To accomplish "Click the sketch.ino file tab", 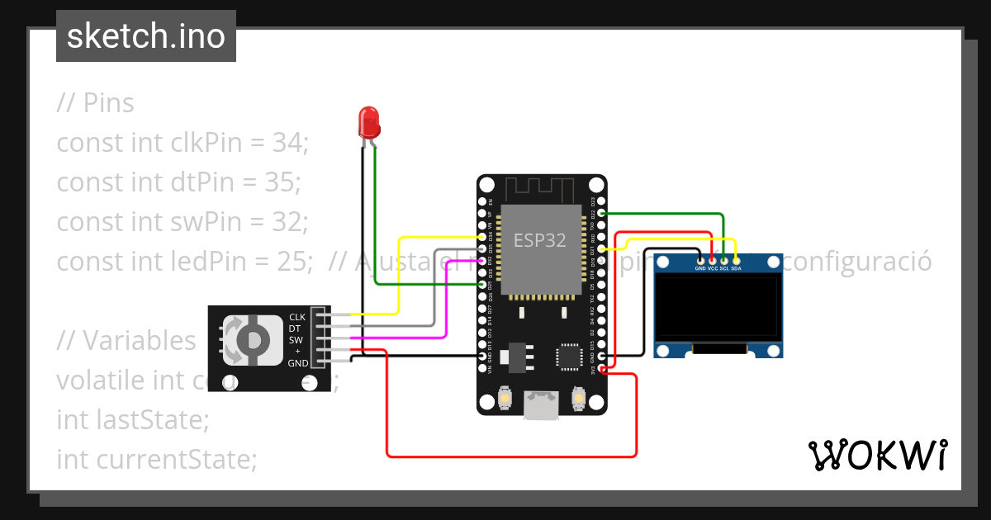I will [x=145, y=36].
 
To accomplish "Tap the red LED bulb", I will [x=368, y=122].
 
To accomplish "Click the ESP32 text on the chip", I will [x=540, y=240].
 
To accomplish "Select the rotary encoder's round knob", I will [x=253, y=340].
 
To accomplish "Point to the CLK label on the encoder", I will [x=296, y=317].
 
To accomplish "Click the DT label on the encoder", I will [x=294, y=329].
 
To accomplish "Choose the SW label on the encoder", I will [x=295, y=340].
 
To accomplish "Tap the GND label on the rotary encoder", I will [x=297, y=363].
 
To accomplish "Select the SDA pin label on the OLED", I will [x=736, y=268].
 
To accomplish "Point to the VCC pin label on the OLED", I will [x=712, y=268].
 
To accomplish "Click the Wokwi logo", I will [x=877, y=455].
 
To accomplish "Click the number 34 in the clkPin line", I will [x=287, y=143].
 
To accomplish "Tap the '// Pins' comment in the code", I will [x=95, y=103].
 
